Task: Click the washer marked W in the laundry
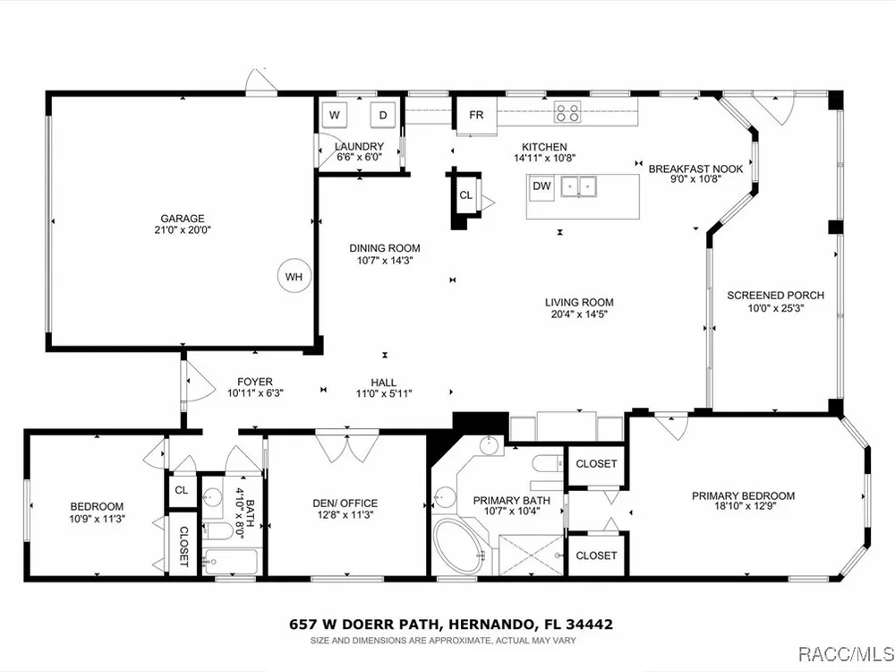(335, 115)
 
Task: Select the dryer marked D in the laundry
(383, 115)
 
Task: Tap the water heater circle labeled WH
(294, 277)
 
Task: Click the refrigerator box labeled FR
(476, 116)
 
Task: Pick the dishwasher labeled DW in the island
(541, 187)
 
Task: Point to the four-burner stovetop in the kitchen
(568, 111)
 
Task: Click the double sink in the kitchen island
(579, 186)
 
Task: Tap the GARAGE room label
(182, 219)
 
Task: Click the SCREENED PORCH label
(775, 296)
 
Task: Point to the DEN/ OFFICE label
(345, 504)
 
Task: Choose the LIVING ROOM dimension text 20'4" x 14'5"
(579, 314)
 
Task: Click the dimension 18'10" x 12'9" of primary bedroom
(743, 505)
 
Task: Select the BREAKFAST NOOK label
(695, 169)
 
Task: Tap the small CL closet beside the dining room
(465, 195)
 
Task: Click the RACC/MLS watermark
(845, 653)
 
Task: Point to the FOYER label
(255, 382)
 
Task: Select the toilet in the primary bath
(546, 463)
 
